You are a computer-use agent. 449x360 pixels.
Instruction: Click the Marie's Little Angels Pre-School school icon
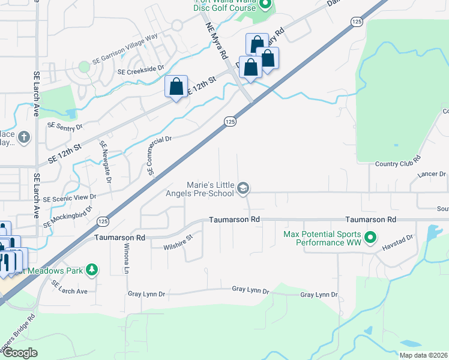pos(243,189)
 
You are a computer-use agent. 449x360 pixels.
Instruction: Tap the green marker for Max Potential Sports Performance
pos(371,238)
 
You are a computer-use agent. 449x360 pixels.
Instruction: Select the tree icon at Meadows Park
pos(92,269)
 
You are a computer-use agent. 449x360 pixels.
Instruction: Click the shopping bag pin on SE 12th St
pos(176,86)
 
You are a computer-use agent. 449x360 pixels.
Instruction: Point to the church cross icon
pos(24,137)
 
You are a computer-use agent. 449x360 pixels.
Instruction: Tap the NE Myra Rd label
pos(217,41)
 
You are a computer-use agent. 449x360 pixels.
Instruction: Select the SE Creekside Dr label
pos(141,70)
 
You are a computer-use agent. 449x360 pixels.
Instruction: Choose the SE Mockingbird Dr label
pos(68,217)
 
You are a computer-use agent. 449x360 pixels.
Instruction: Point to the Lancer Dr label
pos(432,175)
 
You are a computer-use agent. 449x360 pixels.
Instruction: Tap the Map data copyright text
pos(423,355)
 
